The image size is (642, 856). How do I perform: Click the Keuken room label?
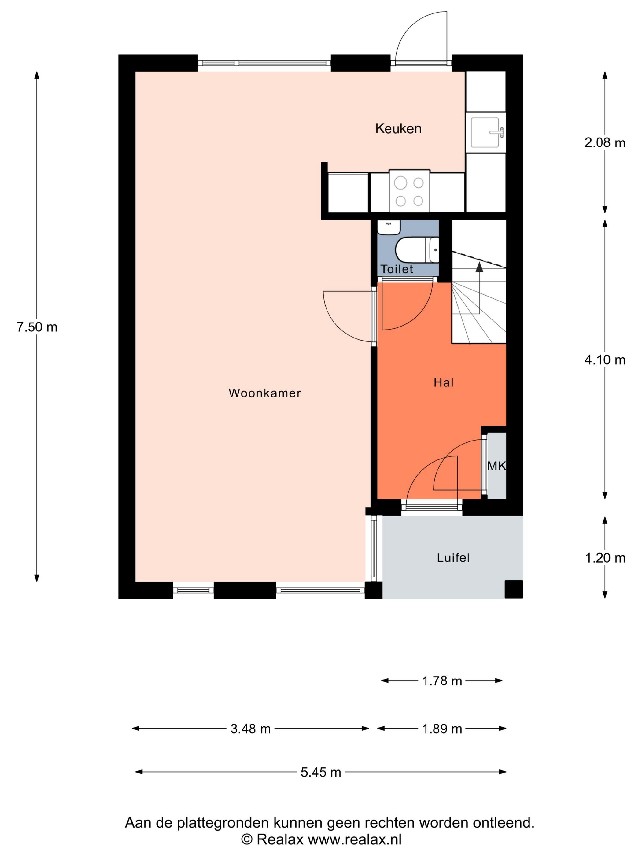point(398,128)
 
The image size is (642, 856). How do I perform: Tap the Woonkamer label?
point(264,393)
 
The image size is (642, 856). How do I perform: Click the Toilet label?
point(397,269)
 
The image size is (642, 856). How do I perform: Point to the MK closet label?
point(496,466)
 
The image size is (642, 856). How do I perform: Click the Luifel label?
point(453,558)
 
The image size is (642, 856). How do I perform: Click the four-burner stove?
point(409,191)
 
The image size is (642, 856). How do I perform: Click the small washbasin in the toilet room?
point(389,227)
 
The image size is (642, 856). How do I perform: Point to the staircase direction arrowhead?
point(479,266)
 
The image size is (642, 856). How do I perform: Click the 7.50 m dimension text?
point(37,327)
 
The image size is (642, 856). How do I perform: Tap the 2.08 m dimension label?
point(604,143)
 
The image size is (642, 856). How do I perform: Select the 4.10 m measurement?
point(604,360)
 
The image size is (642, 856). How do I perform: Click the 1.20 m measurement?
point(605,558)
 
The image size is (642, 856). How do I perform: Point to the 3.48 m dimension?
point(250,729)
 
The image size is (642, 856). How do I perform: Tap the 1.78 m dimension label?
point(442,681)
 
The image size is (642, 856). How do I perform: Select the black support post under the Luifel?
point(514,589)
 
